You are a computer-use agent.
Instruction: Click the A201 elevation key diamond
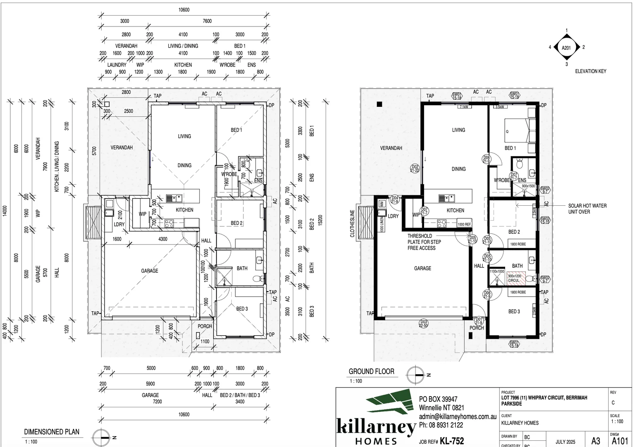(566, 48)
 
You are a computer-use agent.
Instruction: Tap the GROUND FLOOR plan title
(371, 372)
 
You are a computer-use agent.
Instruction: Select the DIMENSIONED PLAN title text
(51, 432)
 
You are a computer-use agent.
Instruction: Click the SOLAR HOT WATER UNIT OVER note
(587, 209)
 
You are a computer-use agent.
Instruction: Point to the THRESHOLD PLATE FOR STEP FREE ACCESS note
(424, 242)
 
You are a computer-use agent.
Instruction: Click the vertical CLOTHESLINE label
(352, 223)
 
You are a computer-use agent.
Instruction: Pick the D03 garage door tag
(423, 323)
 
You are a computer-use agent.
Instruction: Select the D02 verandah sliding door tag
(415, 168)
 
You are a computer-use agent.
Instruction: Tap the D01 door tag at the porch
(479, 321)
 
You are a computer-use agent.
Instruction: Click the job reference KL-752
(452, 441)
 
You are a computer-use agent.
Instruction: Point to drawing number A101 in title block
(621, 441)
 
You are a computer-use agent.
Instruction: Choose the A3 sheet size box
(596, 441)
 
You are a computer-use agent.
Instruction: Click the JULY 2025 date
(565, 442)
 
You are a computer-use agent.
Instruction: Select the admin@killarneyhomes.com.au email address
(457, 417)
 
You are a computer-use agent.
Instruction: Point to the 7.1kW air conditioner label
(464, 107)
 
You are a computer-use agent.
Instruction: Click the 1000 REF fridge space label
(464, 224)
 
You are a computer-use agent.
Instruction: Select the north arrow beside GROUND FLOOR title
(416, 375)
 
